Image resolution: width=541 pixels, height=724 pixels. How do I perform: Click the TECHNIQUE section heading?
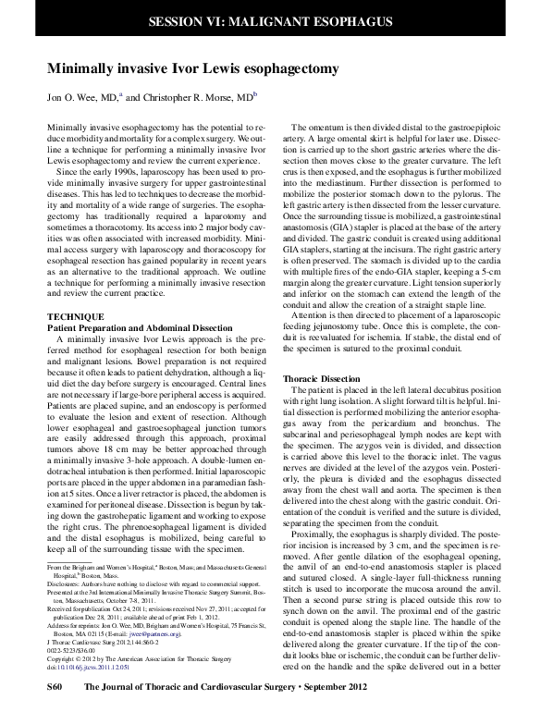point(75,316)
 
